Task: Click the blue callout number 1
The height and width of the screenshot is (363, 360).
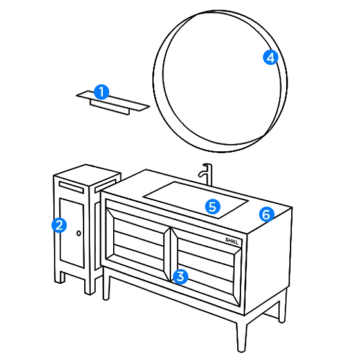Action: (x=102, y=92)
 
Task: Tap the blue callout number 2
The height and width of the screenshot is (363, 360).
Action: (x=59, y=225)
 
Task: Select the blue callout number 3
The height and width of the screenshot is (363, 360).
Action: (x=181, y=277)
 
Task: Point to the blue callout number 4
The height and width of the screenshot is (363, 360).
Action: (x=271, y=57)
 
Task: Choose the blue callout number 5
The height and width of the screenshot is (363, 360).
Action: (x=213, y=207)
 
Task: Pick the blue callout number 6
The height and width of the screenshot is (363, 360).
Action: (x=267, y=214)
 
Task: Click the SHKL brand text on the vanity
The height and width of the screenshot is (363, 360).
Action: (x=231, y=241)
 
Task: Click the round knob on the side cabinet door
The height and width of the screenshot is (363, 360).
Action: (x=78, y=233)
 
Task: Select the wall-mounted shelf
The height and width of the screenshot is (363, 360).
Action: (x=113, y=102)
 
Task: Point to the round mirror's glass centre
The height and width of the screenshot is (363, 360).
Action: (x=222, y=79)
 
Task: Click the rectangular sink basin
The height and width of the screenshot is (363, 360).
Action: (x=196, y=200)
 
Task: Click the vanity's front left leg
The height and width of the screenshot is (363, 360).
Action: (x=106, y=284)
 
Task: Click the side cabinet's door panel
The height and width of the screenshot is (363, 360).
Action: (x=72, y=233)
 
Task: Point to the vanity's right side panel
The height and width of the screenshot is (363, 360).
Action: (x=268, y=261)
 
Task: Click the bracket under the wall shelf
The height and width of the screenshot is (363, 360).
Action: (x=110, y=107)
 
